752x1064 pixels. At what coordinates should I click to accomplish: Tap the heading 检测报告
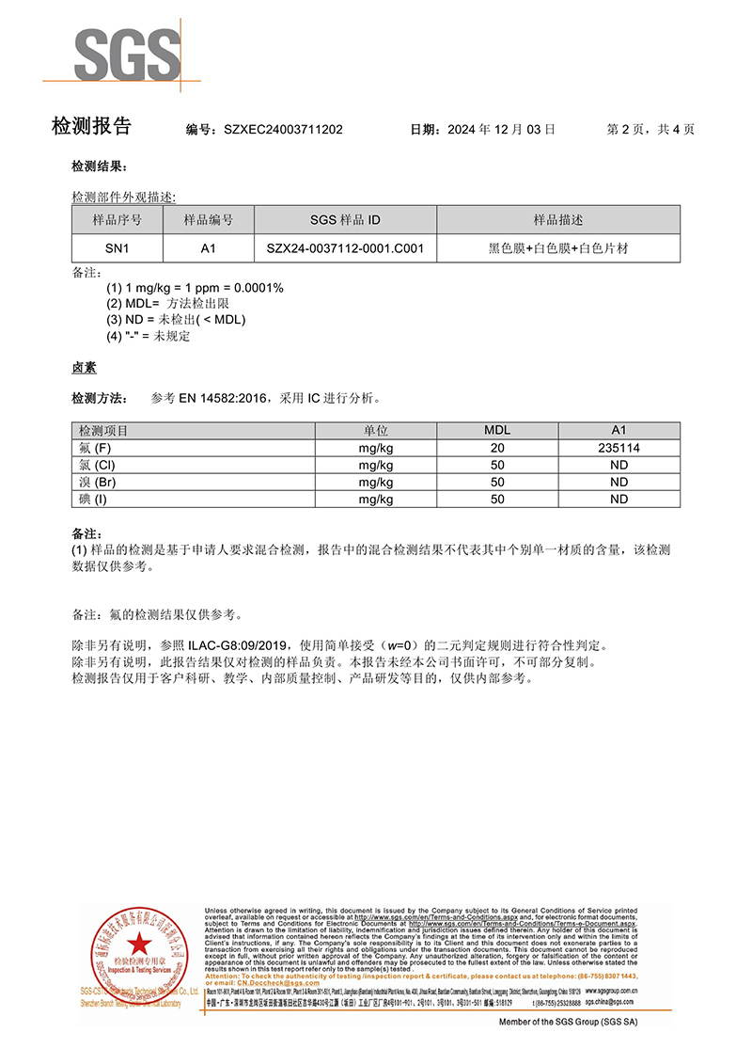tap(91, 127)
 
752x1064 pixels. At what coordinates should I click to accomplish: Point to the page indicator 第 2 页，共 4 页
tap(651, 129)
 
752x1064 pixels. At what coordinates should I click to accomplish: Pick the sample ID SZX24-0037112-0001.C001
tap(345, 248)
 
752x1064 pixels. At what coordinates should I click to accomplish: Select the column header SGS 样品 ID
tap(345, 220)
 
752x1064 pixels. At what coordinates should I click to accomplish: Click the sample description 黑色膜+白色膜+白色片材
tap(557, 248)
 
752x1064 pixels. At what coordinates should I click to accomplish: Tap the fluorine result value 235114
tap(619, 449)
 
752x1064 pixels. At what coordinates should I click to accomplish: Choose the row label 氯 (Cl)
tap(98, 466)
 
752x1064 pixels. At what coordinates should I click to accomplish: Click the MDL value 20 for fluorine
tap(497, 449)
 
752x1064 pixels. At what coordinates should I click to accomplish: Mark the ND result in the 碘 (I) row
tap(619, 500)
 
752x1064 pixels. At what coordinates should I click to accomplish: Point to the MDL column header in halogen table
tap(497, 431)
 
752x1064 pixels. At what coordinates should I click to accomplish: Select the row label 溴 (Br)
tap(99, 483)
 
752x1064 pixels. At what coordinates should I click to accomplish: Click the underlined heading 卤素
tap(84, 368)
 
